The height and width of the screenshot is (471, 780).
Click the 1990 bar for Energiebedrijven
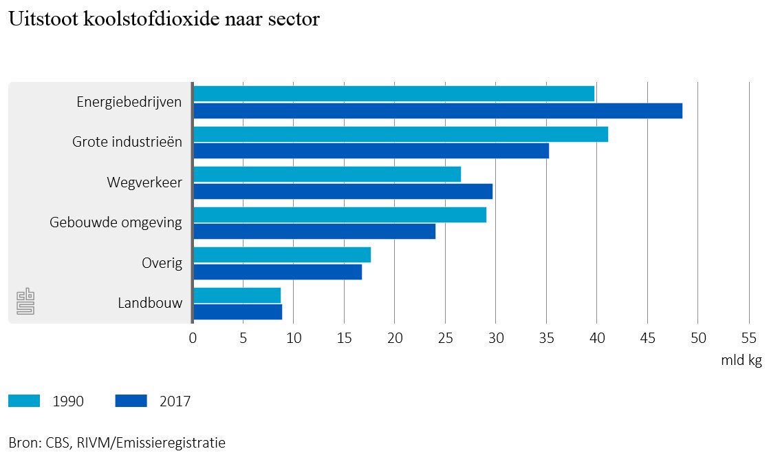(393, 94)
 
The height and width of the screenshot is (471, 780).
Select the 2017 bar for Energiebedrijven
(437, 111)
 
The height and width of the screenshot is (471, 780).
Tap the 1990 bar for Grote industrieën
(400, 134)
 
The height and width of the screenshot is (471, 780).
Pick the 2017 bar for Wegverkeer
(343, 191)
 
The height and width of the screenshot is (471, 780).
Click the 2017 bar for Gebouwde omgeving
(314, 231)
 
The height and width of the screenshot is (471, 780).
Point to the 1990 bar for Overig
(282, 255)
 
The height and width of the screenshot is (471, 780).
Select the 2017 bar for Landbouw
(237, 312)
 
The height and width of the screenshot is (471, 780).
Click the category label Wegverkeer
(144, 182)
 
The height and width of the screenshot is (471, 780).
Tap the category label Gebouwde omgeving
(116, 222)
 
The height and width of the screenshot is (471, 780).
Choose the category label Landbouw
(150, 303)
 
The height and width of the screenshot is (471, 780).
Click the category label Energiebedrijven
(129, 103)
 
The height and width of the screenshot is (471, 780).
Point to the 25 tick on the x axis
(445, 338)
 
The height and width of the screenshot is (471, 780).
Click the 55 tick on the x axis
(748, 338)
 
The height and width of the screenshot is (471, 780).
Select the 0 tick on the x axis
(193, 338)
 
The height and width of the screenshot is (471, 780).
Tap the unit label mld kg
(741, 360)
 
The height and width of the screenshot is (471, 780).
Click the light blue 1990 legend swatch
(24, 401)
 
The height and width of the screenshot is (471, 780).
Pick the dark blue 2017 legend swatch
(131, 401)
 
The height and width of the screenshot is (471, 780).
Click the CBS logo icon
(25, 302)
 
